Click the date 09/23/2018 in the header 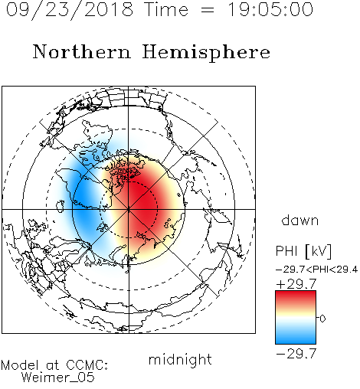click(70, 10)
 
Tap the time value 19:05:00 click(270, 10)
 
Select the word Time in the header click(166, 10)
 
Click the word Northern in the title click(82, 52)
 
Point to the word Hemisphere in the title click(206, 53)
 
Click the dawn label click(300, 221)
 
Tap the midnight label click(180, 360)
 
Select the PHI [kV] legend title click(303, 251)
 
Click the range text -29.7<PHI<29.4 click(316, 270)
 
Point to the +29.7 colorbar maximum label click(296, 284)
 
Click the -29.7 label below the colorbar click(296, 354)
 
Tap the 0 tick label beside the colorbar click(322, 319)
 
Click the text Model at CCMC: click(54, 365)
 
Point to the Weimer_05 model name click(58, 378)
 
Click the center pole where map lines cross click(129, 209)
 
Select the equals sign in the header click(208, 10)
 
